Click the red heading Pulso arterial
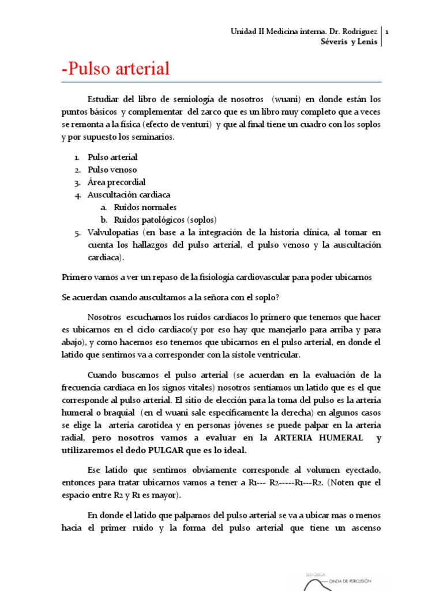click(115, 69)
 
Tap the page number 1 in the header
click(386, 32)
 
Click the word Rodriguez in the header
click(357, 32)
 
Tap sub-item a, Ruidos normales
click(145, 207)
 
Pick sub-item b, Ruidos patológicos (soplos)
click(165, 220)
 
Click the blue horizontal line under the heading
click(221, 82)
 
